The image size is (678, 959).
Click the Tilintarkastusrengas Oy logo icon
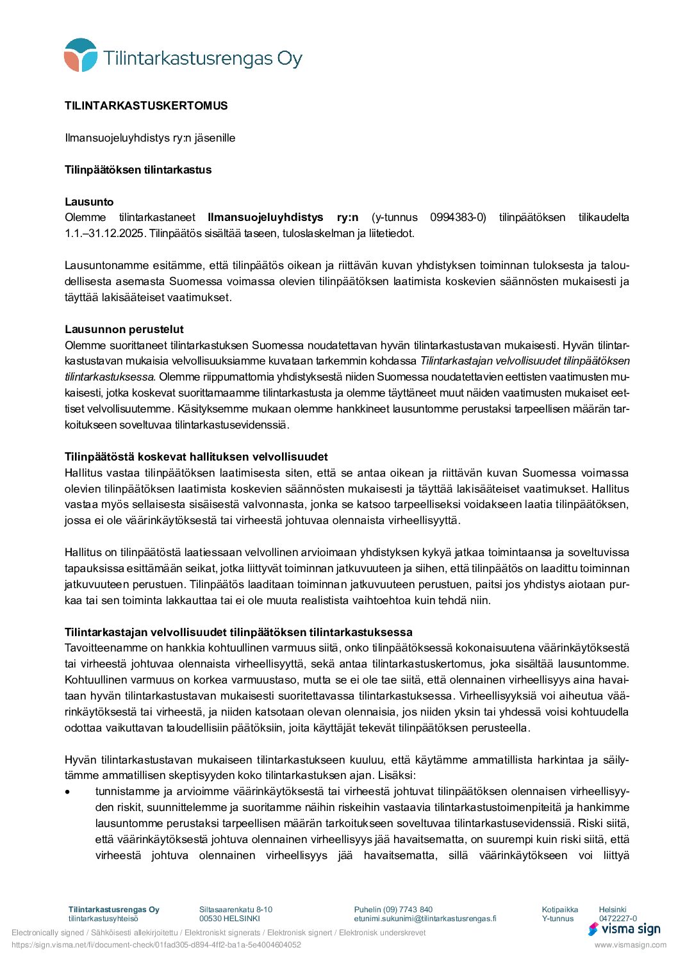81,55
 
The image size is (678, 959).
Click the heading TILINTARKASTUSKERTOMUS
146,106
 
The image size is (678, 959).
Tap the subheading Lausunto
89,202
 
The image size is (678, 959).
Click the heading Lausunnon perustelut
124,329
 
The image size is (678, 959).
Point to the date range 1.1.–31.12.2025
104,233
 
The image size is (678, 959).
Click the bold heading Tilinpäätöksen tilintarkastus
138,170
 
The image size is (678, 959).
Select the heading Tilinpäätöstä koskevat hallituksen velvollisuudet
196,457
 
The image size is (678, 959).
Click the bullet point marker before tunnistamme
68,792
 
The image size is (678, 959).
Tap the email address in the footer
425,919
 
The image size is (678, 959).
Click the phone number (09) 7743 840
408,910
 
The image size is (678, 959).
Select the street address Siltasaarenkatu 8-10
236,910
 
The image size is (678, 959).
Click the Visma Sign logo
624,929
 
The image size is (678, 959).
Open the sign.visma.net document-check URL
156,945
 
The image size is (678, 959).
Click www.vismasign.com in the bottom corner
630,945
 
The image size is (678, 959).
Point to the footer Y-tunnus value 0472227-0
618,919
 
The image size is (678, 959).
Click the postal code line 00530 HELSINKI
229,919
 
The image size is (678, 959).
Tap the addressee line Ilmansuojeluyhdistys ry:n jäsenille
150,138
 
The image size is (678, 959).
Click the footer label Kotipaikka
559,910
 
